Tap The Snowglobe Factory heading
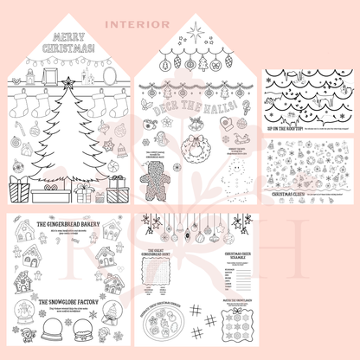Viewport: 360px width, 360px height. (65, 302)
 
